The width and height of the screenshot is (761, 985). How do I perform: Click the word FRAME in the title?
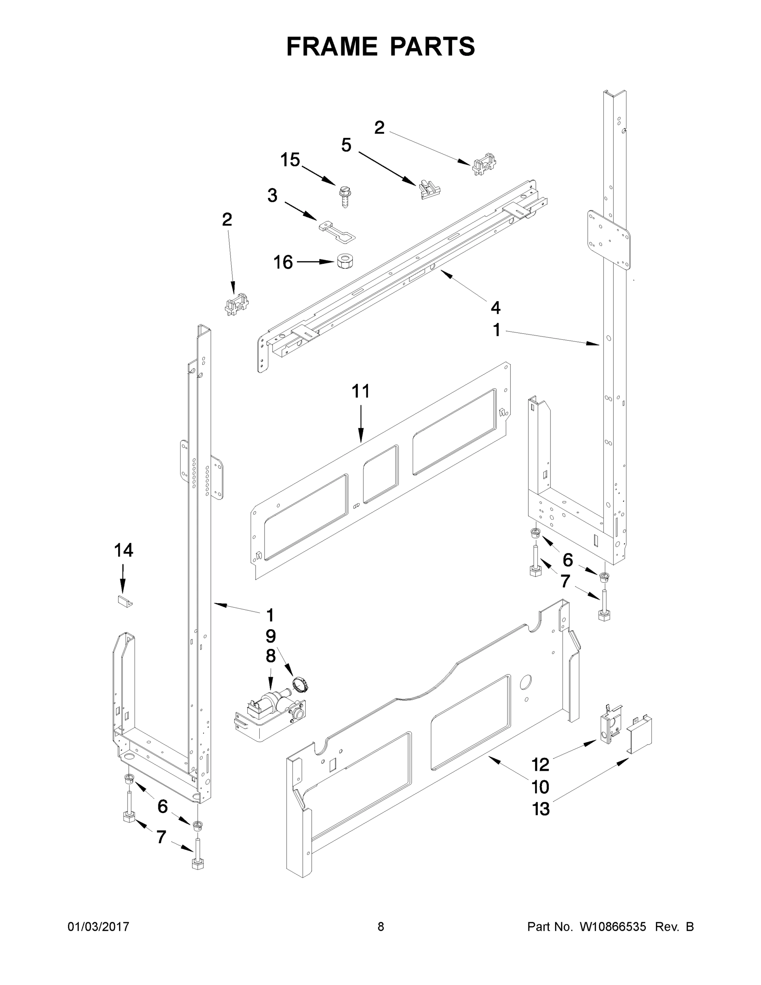[332, 46]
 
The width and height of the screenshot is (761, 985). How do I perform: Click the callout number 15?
[290, 160]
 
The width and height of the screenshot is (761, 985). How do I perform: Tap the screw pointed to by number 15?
[345, 197]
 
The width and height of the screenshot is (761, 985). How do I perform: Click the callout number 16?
[283, 262]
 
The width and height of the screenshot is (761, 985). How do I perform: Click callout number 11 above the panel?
[360, 391]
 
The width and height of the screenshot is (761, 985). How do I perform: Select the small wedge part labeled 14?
[125, 602]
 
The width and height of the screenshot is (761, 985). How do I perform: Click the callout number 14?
[123, 550]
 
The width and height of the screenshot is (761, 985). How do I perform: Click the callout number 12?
[540, 765]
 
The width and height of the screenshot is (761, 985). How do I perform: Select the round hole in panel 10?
[526, 683]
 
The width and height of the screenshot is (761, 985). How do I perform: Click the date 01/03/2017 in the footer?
[98, 926]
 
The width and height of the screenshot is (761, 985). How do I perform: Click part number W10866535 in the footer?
[612, 926]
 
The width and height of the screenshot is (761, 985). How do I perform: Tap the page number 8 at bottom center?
[381, 926]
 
